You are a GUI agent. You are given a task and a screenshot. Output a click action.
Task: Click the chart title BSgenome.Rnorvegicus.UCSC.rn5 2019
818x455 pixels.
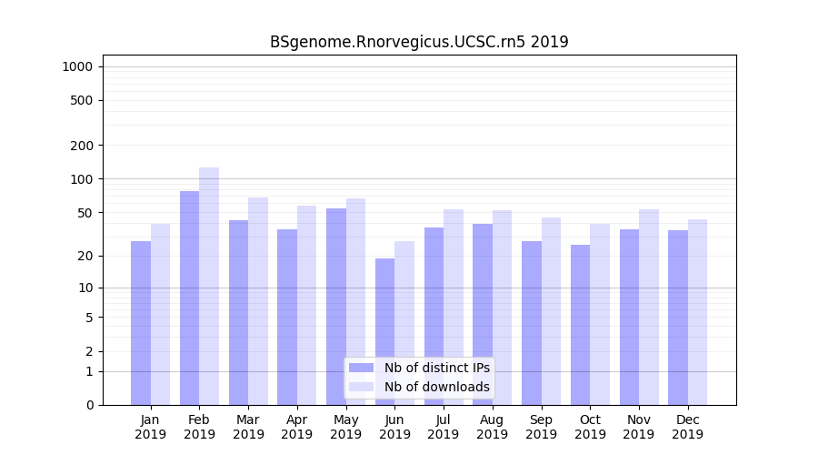tap(419, 42)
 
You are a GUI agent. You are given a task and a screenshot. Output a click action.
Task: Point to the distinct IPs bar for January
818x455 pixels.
tap(141, 323)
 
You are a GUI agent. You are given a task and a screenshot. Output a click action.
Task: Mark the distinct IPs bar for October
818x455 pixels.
tap(580, 325)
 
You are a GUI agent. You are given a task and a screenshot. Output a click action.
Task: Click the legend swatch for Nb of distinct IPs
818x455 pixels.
tap(361, 368)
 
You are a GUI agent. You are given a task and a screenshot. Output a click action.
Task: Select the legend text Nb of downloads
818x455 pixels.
tap(436, 387)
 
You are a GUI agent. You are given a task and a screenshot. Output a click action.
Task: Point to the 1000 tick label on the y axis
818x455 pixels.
tap(77, 66)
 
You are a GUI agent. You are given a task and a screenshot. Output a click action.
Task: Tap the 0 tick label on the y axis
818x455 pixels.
tap(89, 405)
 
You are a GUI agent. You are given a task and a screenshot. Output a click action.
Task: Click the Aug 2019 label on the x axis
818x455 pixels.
tap(493, 427)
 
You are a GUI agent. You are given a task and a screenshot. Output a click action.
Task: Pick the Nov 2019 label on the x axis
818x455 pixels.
tap(639, 427)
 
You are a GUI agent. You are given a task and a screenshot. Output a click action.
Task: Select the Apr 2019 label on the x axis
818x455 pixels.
tap(297, 427)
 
